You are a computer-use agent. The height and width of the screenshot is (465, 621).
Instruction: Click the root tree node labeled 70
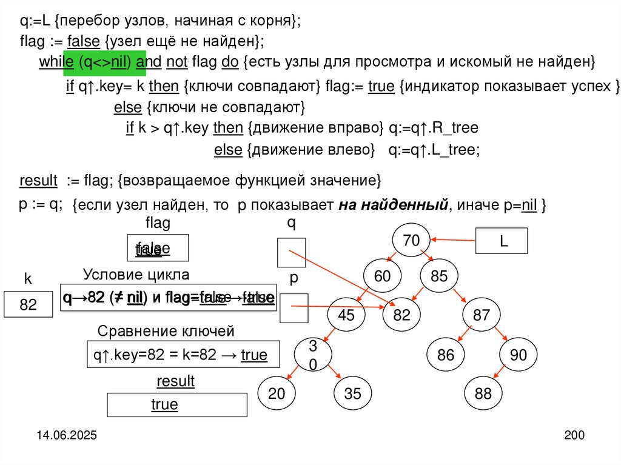point(411,241)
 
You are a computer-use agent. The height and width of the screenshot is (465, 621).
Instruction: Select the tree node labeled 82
point(401,315)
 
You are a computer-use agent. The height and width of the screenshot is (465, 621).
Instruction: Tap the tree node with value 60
point(382,276)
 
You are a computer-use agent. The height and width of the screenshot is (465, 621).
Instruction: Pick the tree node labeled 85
point(438,276)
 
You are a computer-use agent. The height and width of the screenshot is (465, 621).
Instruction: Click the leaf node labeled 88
point(483,393)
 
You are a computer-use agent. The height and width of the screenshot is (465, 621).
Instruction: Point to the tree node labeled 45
point(346,315)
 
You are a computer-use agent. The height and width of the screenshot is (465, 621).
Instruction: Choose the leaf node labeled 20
point(277,393)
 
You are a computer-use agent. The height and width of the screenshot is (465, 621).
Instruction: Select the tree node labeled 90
point(519,355)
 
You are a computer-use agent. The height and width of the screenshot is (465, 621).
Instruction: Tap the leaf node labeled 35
point(352,393)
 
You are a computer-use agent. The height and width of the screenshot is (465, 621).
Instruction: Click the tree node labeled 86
point(445,355)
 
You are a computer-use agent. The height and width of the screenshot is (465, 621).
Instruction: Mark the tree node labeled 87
point(481,315)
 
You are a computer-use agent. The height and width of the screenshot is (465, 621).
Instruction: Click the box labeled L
point(503,241)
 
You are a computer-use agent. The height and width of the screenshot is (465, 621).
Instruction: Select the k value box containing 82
point(29,305)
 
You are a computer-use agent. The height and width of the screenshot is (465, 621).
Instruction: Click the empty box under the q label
point(291,253)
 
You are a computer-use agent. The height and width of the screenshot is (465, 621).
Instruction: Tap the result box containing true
point(177,405)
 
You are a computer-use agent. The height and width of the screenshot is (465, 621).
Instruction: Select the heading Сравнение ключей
point(166,331)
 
